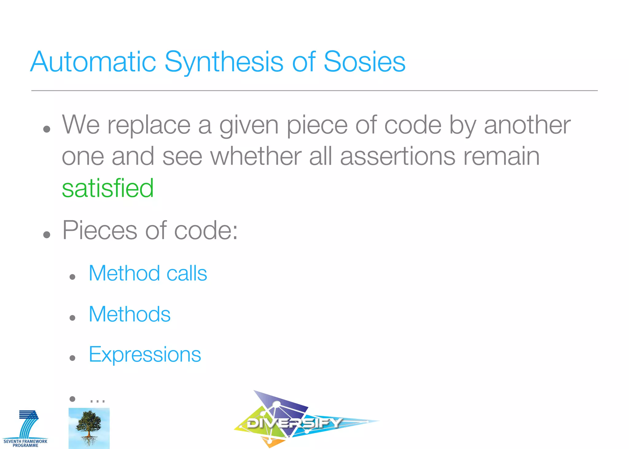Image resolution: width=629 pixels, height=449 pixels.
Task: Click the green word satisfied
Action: pos(107,188)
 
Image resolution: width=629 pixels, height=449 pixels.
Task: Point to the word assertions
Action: pos(398,156)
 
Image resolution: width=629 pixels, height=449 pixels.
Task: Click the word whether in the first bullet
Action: pos(256,156)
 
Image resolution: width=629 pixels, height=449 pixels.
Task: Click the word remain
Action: pos(501,156)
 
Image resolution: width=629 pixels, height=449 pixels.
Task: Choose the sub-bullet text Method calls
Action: pos(148,273)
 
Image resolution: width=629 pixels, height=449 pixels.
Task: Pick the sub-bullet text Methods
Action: pos(129,314)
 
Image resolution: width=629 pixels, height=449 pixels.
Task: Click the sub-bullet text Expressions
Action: pos(145,354)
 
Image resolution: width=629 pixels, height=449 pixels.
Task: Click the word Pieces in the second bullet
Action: pos(100,230)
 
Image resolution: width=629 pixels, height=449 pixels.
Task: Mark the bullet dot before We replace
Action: pos(47,129)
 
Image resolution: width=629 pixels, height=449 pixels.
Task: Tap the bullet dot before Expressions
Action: pos(72,358)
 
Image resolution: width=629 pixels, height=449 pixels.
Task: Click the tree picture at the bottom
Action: pos(89,428)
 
